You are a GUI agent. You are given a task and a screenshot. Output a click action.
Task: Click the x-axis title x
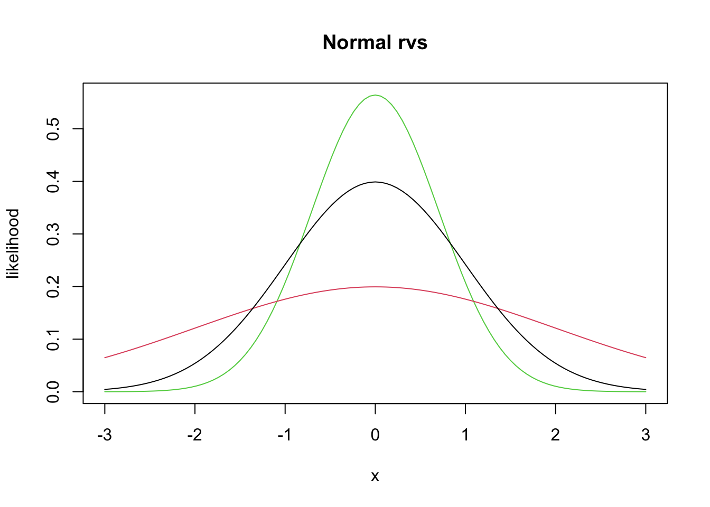pos(375,476)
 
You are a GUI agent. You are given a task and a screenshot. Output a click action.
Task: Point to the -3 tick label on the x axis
pos(105,435)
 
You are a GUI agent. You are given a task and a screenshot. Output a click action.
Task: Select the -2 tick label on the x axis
pos(194,435)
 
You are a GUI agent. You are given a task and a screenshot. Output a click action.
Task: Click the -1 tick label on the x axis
pos(285,435)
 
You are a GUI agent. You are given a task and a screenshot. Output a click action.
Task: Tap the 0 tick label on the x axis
pos(375,435)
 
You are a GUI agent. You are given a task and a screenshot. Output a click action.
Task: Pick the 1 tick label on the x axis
pos(465,435)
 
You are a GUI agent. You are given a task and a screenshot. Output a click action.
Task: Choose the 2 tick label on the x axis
pos(555,435)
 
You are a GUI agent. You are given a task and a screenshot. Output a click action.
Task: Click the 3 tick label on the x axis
pos(646,435)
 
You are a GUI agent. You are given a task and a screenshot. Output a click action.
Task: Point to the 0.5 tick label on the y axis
pos(53,129)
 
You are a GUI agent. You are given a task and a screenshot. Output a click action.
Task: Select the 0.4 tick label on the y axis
pos(53,182)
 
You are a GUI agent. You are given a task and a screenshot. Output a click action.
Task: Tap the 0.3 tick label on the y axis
pos(53,234)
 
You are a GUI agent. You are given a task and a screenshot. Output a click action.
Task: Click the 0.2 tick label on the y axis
pos(53,287)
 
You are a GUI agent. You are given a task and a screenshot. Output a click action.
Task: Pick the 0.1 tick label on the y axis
pos(53,339)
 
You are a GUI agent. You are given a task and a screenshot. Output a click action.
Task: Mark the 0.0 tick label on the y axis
pos(53,392)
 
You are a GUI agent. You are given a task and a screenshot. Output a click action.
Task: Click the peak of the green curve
pos(375,95)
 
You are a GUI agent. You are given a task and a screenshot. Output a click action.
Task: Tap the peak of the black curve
pos(375,182)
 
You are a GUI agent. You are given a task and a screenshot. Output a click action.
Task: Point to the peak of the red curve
pos(375,287)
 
